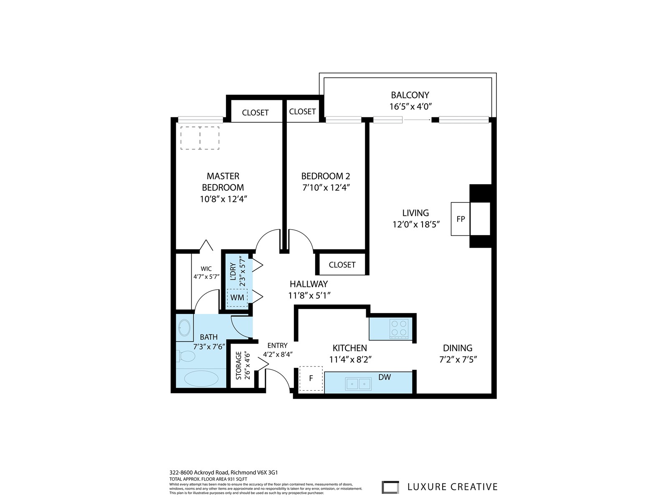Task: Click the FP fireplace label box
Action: click(x=461, y=219)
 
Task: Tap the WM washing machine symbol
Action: click(x=237, y=298)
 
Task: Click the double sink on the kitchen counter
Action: click(x=358, y=384)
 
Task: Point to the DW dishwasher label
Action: click(x=385, y=377)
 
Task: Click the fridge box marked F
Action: click(x=311, y=378)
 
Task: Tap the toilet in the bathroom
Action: click(x=186, y=356)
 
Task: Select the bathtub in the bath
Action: click(x=201, y=378)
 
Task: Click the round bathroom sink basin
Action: click(x=185, y=328)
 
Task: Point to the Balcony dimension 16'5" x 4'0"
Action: click(x=411, y=106)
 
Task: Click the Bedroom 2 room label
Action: click(x=325, y=176)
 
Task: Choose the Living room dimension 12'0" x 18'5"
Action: click(x=416, y=225)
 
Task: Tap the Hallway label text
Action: click(x=309, y=284)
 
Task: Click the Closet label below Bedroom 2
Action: click(x=342, y=265)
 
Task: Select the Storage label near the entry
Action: click(x=238, y=366)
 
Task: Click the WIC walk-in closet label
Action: click(x=206, y=269)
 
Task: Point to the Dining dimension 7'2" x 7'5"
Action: click(x=458, y=359)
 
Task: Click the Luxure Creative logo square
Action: click(x=390, y=487)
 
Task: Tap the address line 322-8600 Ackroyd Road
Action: click(x=199, y=473)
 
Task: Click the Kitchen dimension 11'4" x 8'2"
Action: click(x=350, y=359)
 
